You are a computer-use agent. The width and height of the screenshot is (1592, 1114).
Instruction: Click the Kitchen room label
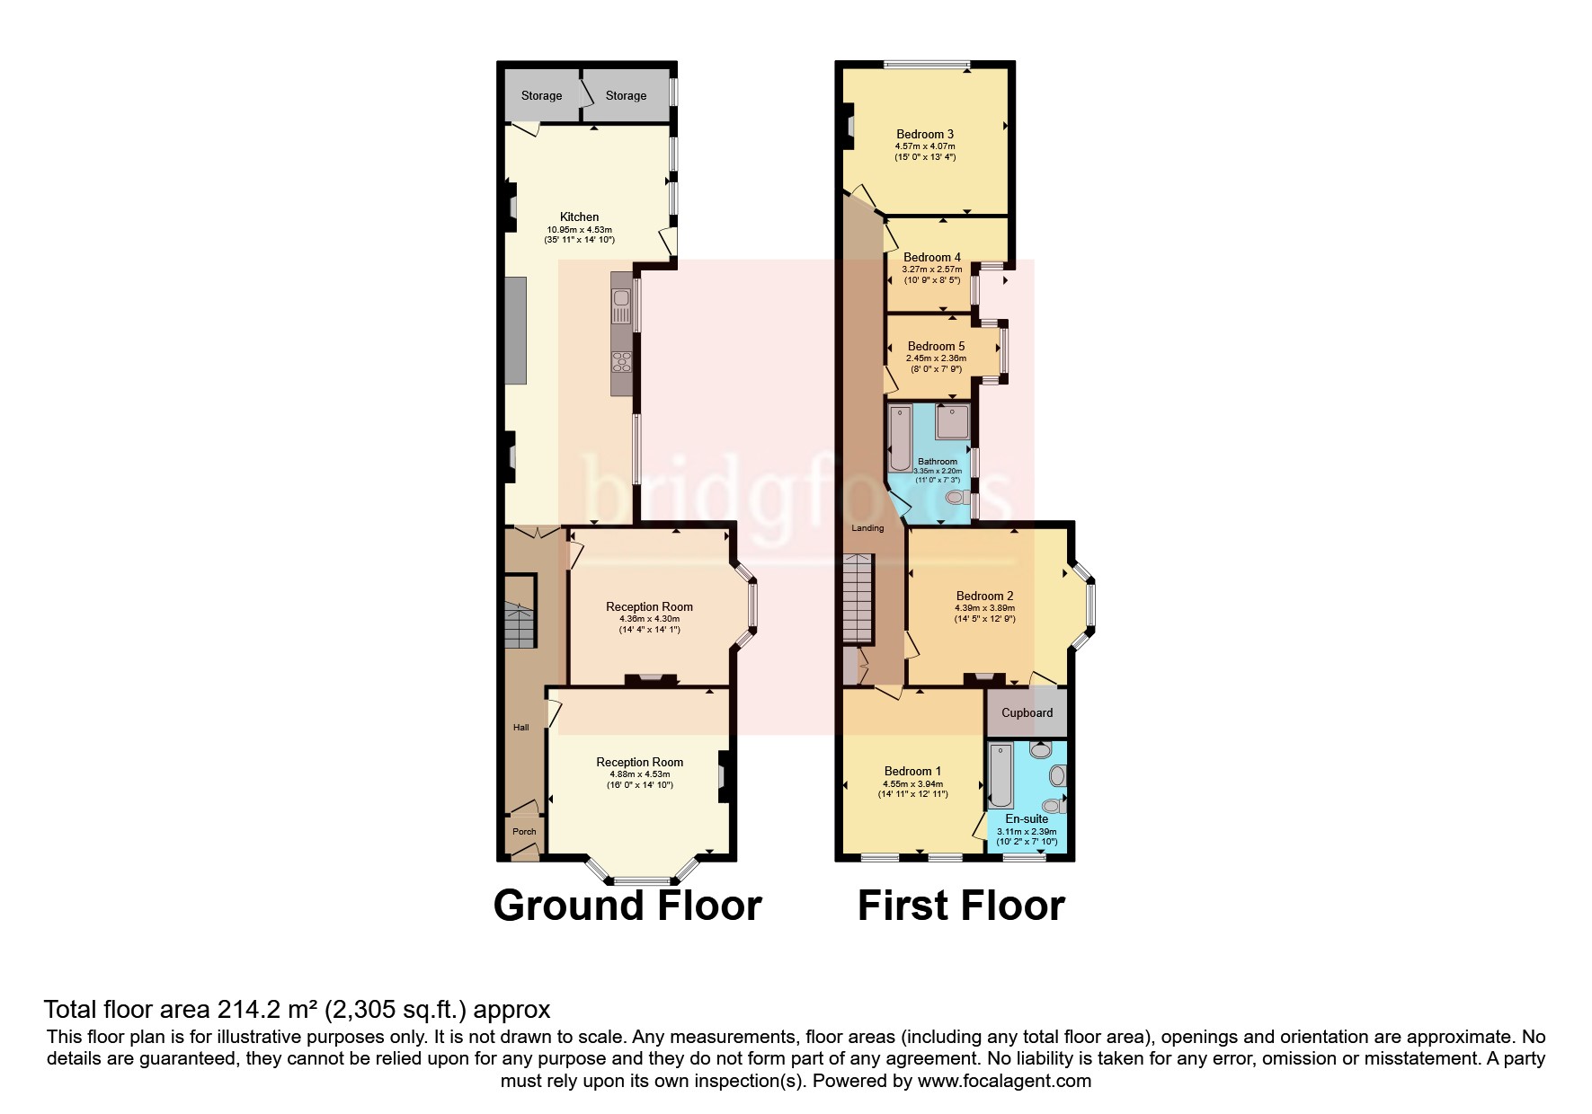579,217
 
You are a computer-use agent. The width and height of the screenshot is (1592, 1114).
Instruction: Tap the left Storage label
541,95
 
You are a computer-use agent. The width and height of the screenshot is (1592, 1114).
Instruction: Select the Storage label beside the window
626,95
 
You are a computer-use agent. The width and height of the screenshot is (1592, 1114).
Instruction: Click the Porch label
524,832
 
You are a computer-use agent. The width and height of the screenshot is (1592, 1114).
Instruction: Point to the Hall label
520,728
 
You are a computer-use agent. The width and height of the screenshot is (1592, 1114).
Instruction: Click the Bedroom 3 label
925,134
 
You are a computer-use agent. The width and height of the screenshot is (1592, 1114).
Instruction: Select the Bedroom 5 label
936,346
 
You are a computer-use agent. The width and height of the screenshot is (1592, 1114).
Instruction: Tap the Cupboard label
1027,713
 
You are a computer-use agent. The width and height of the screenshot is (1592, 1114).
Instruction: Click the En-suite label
1027,819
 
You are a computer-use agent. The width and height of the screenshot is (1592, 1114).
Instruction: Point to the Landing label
867,528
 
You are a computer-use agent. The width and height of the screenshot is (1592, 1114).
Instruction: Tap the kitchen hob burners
620,361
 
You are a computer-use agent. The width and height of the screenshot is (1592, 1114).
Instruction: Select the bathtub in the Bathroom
899,438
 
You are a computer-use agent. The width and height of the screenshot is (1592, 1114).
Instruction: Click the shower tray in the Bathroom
951,421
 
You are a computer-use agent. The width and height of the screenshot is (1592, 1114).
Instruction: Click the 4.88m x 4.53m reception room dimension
639,774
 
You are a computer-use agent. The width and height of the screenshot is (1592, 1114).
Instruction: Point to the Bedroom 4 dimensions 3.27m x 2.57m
931,270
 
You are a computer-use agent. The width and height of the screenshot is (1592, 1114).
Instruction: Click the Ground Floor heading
627,905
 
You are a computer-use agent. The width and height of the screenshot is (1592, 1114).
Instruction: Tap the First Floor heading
961,905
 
